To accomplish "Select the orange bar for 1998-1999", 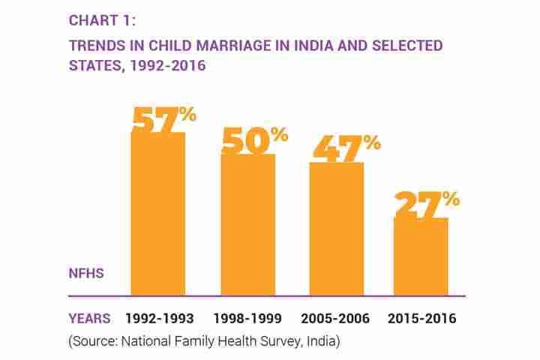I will [x=247, y=225].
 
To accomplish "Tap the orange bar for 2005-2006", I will [x=337, y=229].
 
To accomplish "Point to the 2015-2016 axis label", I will [x=422, y=319].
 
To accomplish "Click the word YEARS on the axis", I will [x=89, y=319].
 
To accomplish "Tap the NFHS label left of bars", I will [x=86, y=274].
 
